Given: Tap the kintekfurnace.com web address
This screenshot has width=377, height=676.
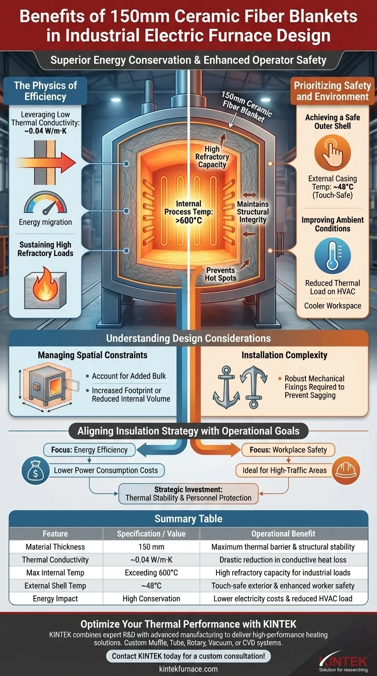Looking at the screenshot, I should pyautogui.click(x=188, y=669).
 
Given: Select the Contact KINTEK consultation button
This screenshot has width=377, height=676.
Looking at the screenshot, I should pyautogui.click(x=188, y=656).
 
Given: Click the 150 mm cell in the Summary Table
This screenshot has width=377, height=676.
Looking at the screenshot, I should pyautogui.click(x=151, y=547).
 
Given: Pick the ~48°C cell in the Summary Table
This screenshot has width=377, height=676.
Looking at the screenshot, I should pyautogui.click(x=151, y=586).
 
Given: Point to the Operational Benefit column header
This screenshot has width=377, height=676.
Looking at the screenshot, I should pyautogui.click(x=283, y=534).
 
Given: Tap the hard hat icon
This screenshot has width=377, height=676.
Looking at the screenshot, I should pyautogui.click(x=346, y=470).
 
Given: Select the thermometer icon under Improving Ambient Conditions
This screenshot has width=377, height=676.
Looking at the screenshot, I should pyautogui.click(x=332, y=255).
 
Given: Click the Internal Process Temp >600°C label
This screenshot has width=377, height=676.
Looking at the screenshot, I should pyautogui.click(x=188, y=212).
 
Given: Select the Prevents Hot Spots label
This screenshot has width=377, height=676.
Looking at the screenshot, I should pyautogui.click(x=220, y=274).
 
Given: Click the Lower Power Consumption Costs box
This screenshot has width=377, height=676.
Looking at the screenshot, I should pyautogui.click(x=106, y=470).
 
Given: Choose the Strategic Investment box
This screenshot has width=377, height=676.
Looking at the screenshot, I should pyautogui.click(x=188, y=494).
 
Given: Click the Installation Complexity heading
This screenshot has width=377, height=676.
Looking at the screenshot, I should pyautogui.click(x=284, y=355).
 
